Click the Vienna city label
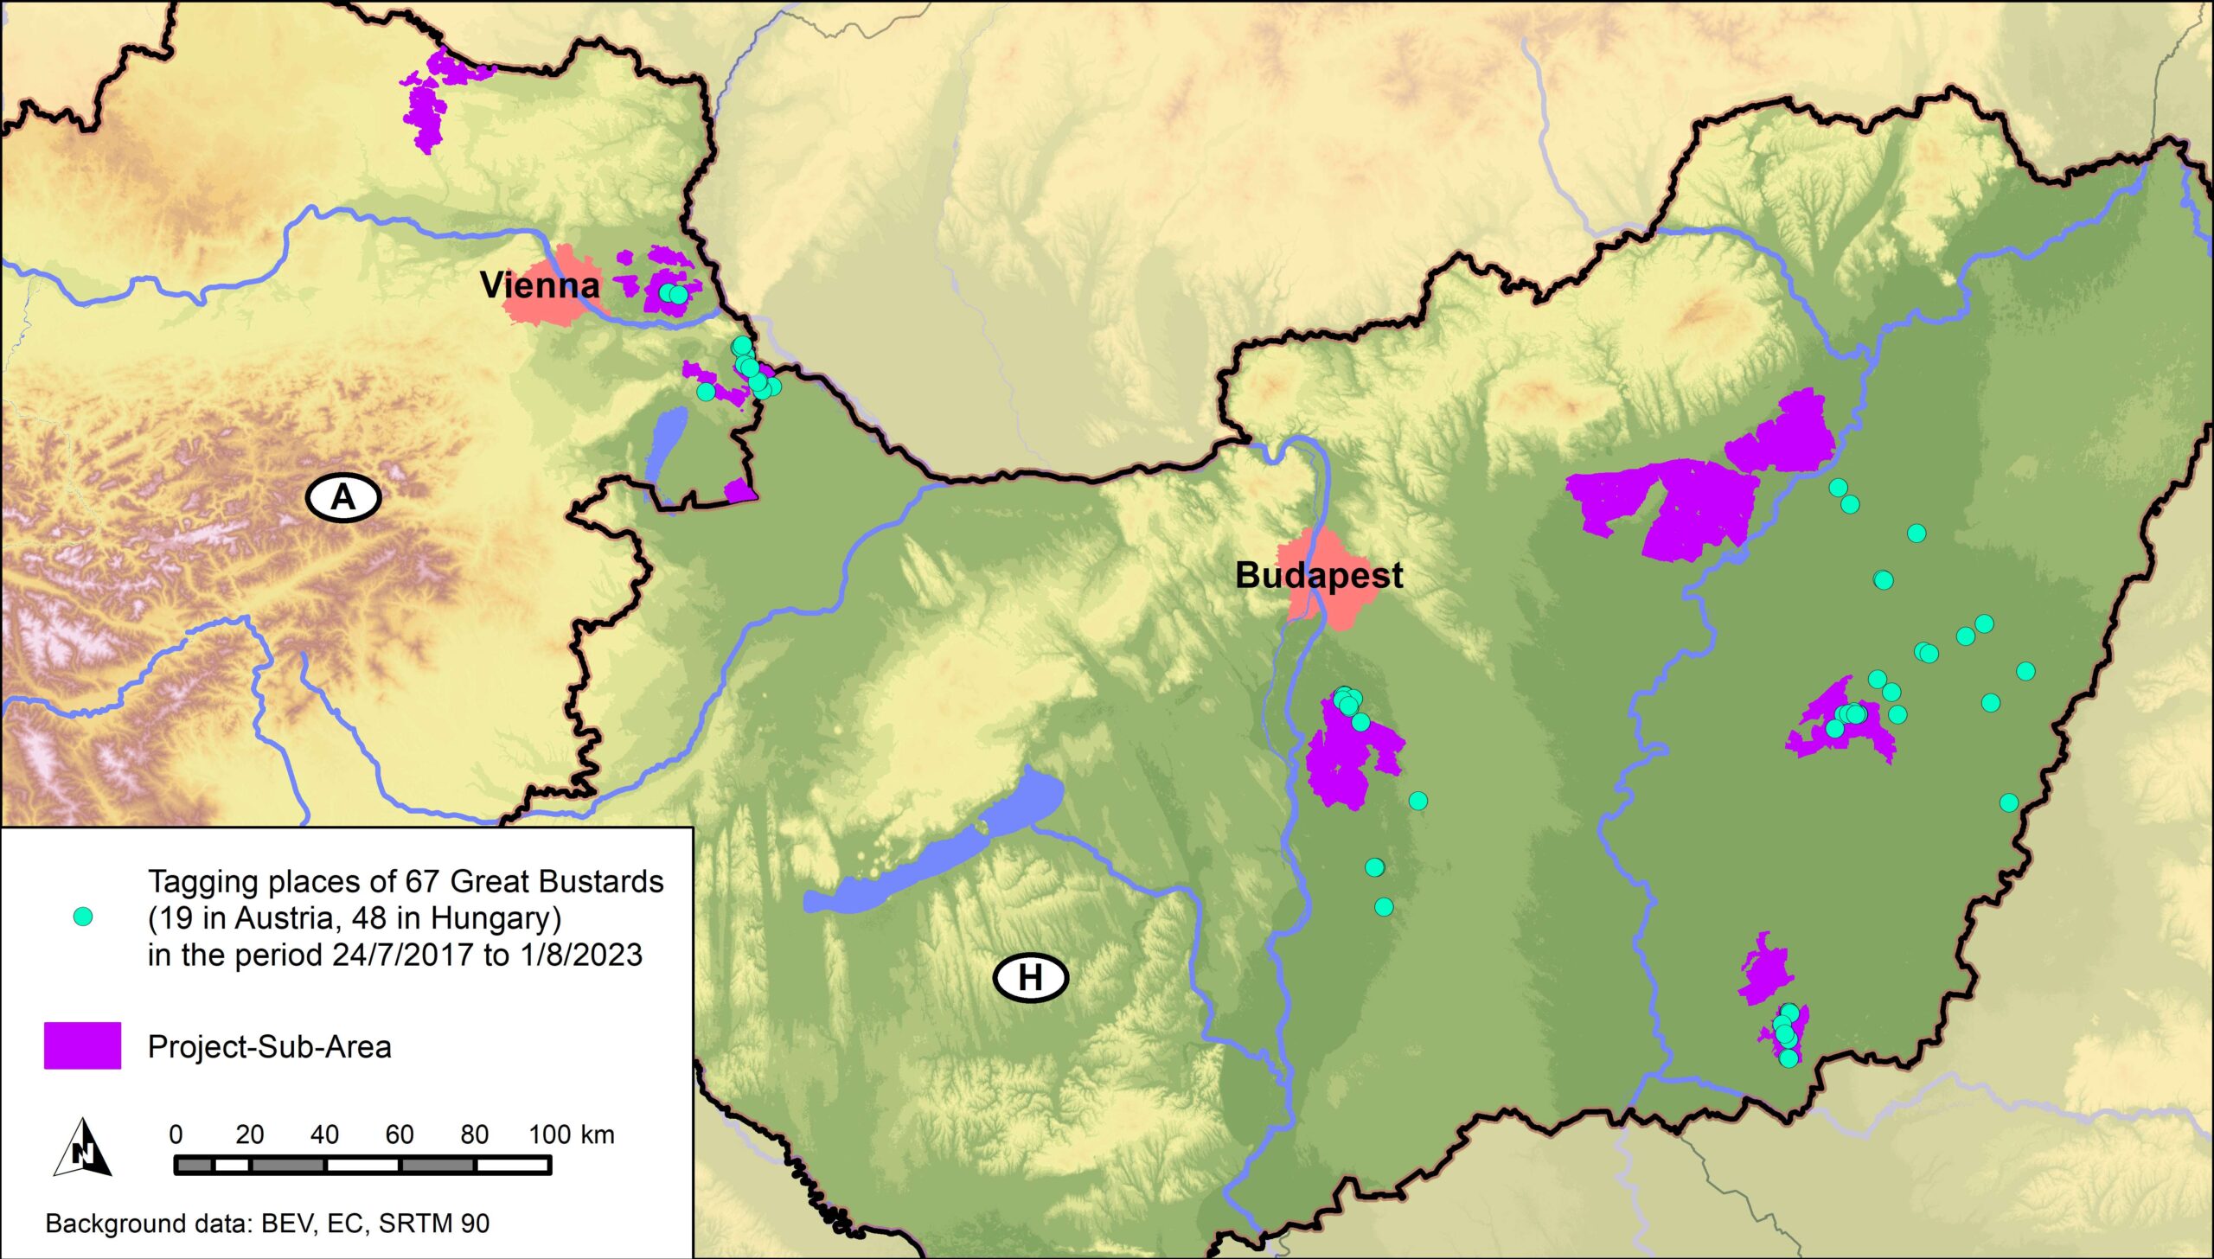tap(540, 285)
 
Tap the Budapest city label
tap(1318, 575)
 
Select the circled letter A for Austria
tap(343, 498)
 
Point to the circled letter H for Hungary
tap(1030, 978)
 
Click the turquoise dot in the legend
tap(83, 917)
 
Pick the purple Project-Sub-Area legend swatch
tap(83, 1046)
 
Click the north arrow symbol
tap(84, 1148)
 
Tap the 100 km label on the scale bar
tap(571, 1134)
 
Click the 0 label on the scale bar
tap(176, 1134)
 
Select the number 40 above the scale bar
tap(324, 1134)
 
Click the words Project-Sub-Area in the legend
tap(270, 1047)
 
